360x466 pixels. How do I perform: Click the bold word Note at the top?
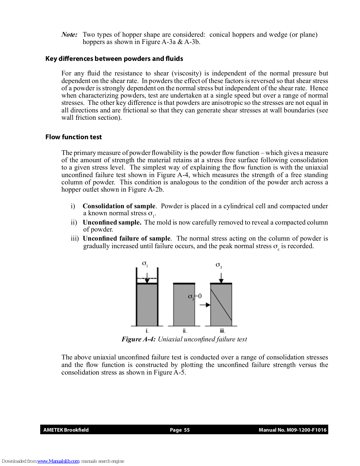tap(69, 35)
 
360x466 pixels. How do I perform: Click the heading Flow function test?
tap(73, 137)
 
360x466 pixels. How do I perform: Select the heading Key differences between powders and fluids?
tap(114, 59)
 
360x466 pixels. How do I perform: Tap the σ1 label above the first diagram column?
tap(145, 264)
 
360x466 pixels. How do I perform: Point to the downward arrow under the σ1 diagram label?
tap(147, 278)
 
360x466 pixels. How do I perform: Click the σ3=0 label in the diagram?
tap(195, 296)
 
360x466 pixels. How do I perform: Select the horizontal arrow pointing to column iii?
tap(205, 305)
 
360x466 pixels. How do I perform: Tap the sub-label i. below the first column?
tap(147, 331)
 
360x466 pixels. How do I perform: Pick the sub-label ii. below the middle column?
tap(185, 331)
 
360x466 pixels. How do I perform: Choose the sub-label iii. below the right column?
tap(222, 331)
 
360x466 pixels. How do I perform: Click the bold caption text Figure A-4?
tap(139, 339)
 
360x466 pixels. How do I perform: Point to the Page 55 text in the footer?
tap(180, 430)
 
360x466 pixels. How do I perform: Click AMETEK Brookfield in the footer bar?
tap(66, 430)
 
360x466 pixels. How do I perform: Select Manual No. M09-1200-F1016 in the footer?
tap(292, 430)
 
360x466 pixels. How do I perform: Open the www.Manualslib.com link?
tap(58, 461)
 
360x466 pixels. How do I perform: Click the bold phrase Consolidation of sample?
tap(119, 206)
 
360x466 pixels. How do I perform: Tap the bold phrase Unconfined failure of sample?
tap(127, 239)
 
